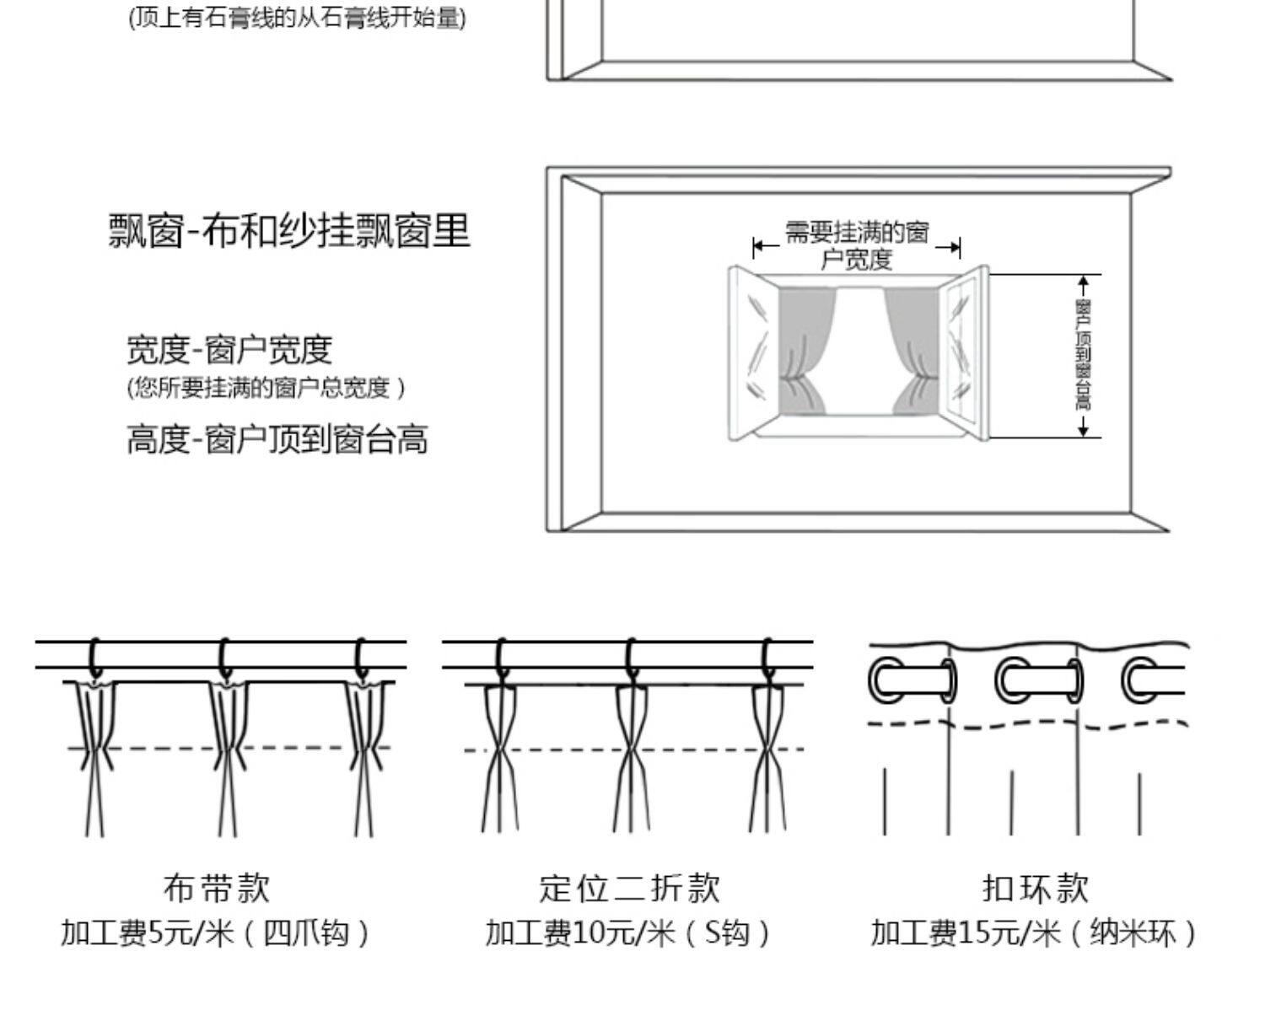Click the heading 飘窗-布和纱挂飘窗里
(288, 230)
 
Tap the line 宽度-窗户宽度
(229, 349)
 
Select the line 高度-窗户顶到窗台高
(277, 439)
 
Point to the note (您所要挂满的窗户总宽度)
(266, 388)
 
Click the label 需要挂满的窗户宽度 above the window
(857, 245)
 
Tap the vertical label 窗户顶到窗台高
(1083, 355)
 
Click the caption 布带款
(216, 888)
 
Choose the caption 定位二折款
(628, 888)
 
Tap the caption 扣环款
(1035, 888)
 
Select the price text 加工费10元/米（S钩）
(628, 933)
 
